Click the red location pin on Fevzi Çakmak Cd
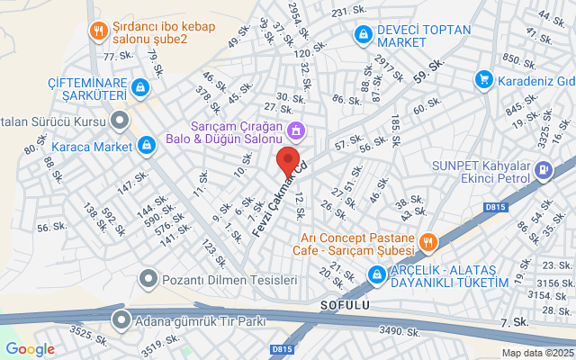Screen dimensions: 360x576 pos(288,163)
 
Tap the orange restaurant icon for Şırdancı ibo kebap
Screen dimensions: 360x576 pos(98,31)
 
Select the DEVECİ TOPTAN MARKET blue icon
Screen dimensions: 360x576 pos(363,34)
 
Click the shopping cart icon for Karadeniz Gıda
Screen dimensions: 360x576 pos(485,78)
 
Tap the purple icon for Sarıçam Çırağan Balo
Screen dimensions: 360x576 pos(294,132)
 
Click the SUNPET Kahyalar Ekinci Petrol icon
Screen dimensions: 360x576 pos(543,169)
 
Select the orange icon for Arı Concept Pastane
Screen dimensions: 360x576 pos(427,241)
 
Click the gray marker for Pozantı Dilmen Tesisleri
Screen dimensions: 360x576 pos(148,281)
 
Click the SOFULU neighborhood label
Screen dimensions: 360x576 pos(345,306)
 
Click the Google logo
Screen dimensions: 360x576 pos(30,349)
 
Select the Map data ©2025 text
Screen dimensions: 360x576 pos(536,354)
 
